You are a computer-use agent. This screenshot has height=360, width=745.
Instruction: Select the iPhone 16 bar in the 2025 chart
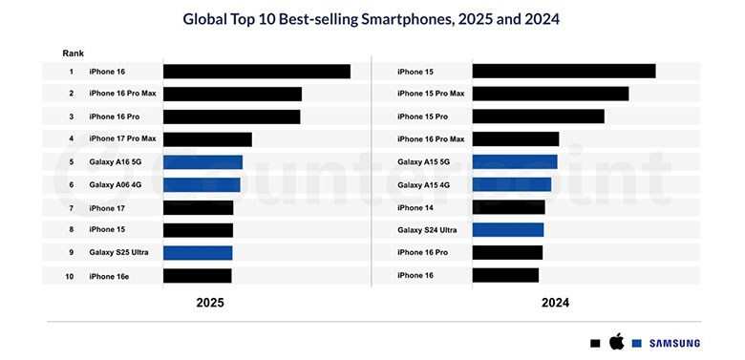pos(256,72)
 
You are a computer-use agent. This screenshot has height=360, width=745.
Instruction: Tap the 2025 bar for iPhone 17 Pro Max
pos(207,139)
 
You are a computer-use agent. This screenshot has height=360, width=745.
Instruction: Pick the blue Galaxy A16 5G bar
pos(202,162)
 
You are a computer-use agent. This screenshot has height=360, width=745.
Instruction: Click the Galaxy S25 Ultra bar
pos(198,253)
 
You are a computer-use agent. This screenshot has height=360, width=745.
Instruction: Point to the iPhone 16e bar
pos(197,276)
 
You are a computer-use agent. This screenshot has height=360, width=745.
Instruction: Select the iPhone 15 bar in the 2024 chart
pos(564,72)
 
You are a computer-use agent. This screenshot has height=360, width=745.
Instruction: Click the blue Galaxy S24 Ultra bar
pos(507,230)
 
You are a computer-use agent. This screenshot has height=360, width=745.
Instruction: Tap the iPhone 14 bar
pos(508,207)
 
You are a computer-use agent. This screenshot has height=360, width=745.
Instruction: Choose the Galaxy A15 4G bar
pos(511,184)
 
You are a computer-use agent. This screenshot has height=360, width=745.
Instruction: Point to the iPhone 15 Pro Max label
pos(431,94)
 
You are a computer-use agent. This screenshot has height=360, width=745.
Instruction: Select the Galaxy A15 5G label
pos(423,162)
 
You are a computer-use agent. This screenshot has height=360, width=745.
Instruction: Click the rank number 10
pos(71,276)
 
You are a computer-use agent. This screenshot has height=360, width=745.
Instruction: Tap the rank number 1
pos(71,72)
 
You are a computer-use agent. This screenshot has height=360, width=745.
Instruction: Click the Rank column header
pos(73,53)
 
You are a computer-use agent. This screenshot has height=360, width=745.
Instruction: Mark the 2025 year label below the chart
pos(210,303)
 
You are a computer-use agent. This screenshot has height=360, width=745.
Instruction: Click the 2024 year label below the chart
pos(555,303)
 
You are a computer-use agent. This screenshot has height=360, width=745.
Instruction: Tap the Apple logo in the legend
pos(616,342)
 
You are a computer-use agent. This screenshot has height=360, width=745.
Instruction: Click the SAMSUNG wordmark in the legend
pos(673,343)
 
